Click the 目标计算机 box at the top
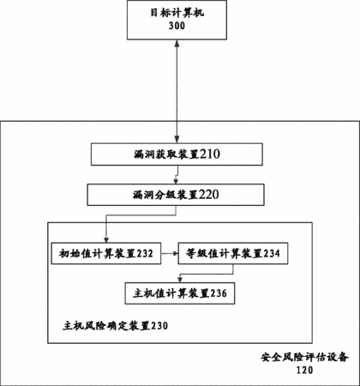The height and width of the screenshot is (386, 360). point(177,20)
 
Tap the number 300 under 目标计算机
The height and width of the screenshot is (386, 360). point(177,26)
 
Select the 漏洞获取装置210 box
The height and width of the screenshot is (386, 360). point(177,154)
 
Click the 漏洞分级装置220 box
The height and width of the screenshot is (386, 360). point(176,195)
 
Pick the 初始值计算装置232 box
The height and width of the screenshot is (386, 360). point(106,253)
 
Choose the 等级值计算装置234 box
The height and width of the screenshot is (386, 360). point(233,253)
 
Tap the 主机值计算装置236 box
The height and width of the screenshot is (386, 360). point(180,293)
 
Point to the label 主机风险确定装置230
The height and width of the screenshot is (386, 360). point(115,326)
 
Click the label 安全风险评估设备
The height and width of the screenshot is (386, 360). point(304,357)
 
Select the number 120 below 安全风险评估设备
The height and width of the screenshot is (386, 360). point(304,370)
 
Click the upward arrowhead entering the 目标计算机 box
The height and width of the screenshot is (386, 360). point(177,43)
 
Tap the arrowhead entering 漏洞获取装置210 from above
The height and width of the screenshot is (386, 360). point(177,140)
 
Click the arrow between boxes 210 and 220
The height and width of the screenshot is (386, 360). point(177,175)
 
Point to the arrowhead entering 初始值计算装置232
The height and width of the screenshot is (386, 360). point(106,240)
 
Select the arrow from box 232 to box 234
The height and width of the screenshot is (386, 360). point(170,254)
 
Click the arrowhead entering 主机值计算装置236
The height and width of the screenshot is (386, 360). point(180,280)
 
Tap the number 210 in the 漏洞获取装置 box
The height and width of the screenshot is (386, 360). point(210,154)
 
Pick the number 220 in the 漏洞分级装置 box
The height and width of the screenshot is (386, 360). point(209,195)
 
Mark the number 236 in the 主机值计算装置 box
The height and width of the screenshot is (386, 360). point(219,293)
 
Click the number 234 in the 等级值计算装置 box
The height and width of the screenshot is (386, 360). point(272,254)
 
